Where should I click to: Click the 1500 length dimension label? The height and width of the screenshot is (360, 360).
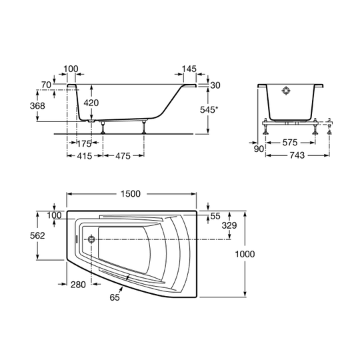[131, 194]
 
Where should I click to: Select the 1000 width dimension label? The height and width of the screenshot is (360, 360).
[245, 254]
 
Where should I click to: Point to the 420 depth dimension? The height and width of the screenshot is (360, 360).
[91, 103]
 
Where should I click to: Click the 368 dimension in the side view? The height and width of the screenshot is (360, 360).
[37, 106]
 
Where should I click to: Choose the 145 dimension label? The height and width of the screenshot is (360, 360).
[189, 69]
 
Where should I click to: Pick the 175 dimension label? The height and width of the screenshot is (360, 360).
[84, 144]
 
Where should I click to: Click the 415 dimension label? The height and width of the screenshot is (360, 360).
[85, 156]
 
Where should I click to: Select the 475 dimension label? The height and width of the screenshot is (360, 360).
[123, 156]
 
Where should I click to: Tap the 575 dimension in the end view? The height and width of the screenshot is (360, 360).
[290, 143]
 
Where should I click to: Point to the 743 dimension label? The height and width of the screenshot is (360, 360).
[297, 155]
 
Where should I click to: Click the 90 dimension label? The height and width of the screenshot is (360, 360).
[259, 149]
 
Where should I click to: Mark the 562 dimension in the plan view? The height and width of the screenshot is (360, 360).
[37, 235]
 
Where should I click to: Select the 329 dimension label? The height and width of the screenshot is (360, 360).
[229, 226]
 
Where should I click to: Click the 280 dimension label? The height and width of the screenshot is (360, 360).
[78, 285]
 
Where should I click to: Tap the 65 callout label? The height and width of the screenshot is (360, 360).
[115, 297]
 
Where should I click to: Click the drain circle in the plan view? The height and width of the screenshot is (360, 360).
[91, 239]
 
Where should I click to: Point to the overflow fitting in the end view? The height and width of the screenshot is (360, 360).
[286, 91]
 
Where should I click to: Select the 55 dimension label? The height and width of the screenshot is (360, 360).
[215, 216]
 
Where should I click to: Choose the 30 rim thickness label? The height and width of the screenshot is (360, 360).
[215, 85]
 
